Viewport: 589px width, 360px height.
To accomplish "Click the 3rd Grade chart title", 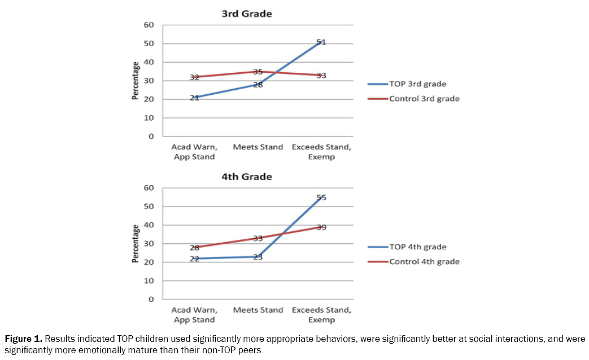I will click(246, 14).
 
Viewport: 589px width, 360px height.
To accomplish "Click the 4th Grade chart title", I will click(246, 177).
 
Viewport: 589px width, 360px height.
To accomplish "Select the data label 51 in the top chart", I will click(321, 42).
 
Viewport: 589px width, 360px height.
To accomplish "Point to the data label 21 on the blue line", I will click(194, 98).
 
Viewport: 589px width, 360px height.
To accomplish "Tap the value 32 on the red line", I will click(194, 77).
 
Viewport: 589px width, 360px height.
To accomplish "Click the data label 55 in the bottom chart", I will click(321, 197).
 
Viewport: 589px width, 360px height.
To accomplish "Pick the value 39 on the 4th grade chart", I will click(321, 227).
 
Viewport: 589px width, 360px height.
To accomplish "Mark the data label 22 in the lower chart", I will click(194, 259).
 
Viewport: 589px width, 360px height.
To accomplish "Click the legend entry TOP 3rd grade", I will click(417, 84).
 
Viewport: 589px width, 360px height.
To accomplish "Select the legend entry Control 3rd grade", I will click(424, 99).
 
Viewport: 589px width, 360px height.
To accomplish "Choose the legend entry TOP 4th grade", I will click(417, 247).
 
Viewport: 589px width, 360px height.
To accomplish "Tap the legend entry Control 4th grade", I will click(424, 262).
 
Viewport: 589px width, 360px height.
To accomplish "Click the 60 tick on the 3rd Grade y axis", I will click(149, 25).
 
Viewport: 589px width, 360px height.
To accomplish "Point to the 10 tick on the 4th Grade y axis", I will click(149, 281).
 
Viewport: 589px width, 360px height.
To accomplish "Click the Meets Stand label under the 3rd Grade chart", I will click(258, 147).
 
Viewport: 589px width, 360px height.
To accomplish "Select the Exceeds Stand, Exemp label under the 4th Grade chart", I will click(321, 315).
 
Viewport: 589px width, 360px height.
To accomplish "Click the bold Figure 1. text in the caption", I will click(23, 339).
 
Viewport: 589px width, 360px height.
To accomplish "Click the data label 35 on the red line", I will click(258, 72).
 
